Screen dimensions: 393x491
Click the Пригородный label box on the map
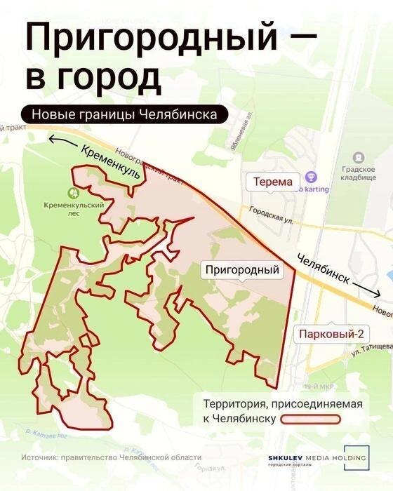coord(241,269)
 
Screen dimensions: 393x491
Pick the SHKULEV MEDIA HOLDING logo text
coord(317,459)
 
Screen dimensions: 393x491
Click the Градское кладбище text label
coord(359,173)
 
